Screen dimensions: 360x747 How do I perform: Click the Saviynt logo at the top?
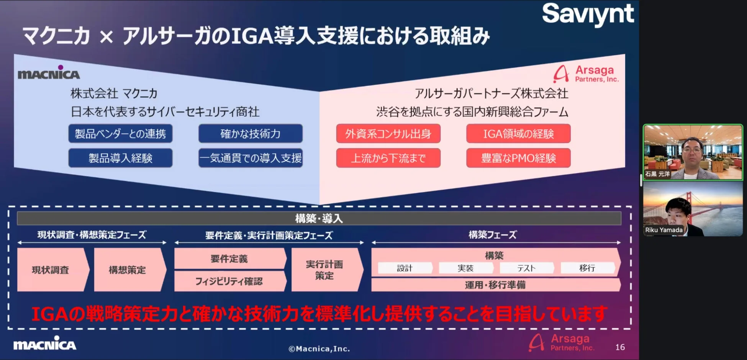tap(588, 14)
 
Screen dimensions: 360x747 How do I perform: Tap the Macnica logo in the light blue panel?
tap(49, 73)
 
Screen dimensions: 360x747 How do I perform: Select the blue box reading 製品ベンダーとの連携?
tap(120, 134)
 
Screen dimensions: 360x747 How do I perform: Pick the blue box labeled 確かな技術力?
tap(250, 134)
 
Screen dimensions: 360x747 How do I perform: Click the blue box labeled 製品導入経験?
tap(120, 158)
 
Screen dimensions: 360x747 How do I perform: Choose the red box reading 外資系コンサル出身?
tap(388, 134)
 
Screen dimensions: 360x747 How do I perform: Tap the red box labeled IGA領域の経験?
tap(518, 134)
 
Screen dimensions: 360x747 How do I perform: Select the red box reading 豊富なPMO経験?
tap(518, 158)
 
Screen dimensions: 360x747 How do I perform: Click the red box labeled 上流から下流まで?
tap(388, 158)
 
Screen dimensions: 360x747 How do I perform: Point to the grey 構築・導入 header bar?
tap(319, 218)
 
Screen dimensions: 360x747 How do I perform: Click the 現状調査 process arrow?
tap(51, 270)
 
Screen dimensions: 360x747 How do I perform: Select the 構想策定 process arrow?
tap(128, 270)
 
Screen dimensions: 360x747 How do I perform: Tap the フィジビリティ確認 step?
tap(229, 281)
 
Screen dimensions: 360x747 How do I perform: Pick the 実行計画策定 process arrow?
tap(324, 270)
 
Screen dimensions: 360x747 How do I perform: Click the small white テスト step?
tap(526, 268)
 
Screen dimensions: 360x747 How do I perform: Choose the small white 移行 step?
tap(587, 268)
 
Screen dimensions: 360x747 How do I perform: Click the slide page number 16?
tap(620, 347)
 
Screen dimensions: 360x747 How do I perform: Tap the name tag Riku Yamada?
tap(663, 230)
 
